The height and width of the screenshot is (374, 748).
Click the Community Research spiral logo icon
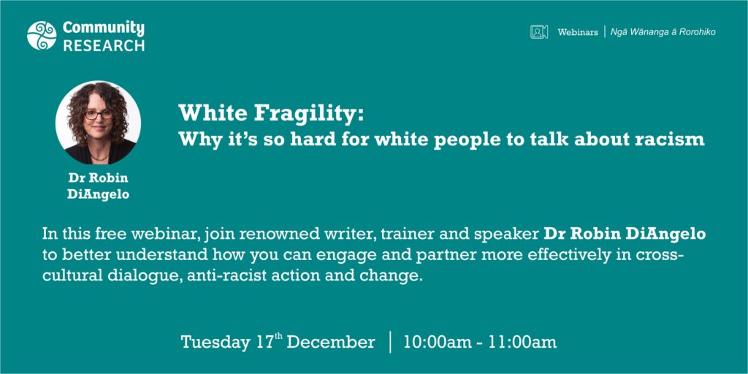click(x=42, y=35)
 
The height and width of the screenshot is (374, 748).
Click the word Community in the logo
click(x=104, y=28)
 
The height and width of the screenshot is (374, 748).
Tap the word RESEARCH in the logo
click(x=104, y=45)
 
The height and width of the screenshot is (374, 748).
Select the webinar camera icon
click(x=539, y=32)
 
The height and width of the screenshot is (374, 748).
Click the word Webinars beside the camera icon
click(x=578, y=32)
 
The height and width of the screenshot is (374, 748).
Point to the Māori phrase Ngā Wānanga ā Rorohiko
click(x=663, y=32)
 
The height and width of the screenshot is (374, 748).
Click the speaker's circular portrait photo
click(x=99, y=123)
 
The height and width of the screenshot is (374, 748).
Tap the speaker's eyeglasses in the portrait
click(x=99, y=115)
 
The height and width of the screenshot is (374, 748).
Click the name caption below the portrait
click(x=99, y=186)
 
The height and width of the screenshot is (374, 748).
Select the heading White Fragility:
click(x=272, y=113)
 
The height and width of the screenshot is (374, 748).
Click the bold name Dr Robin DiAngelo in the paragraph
click(x=625, y=234)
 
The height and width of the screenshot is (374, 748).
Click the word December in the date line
click(x=331, y=342)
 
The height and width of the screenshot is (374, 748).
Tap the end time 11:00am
click(x=526, y=342)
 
